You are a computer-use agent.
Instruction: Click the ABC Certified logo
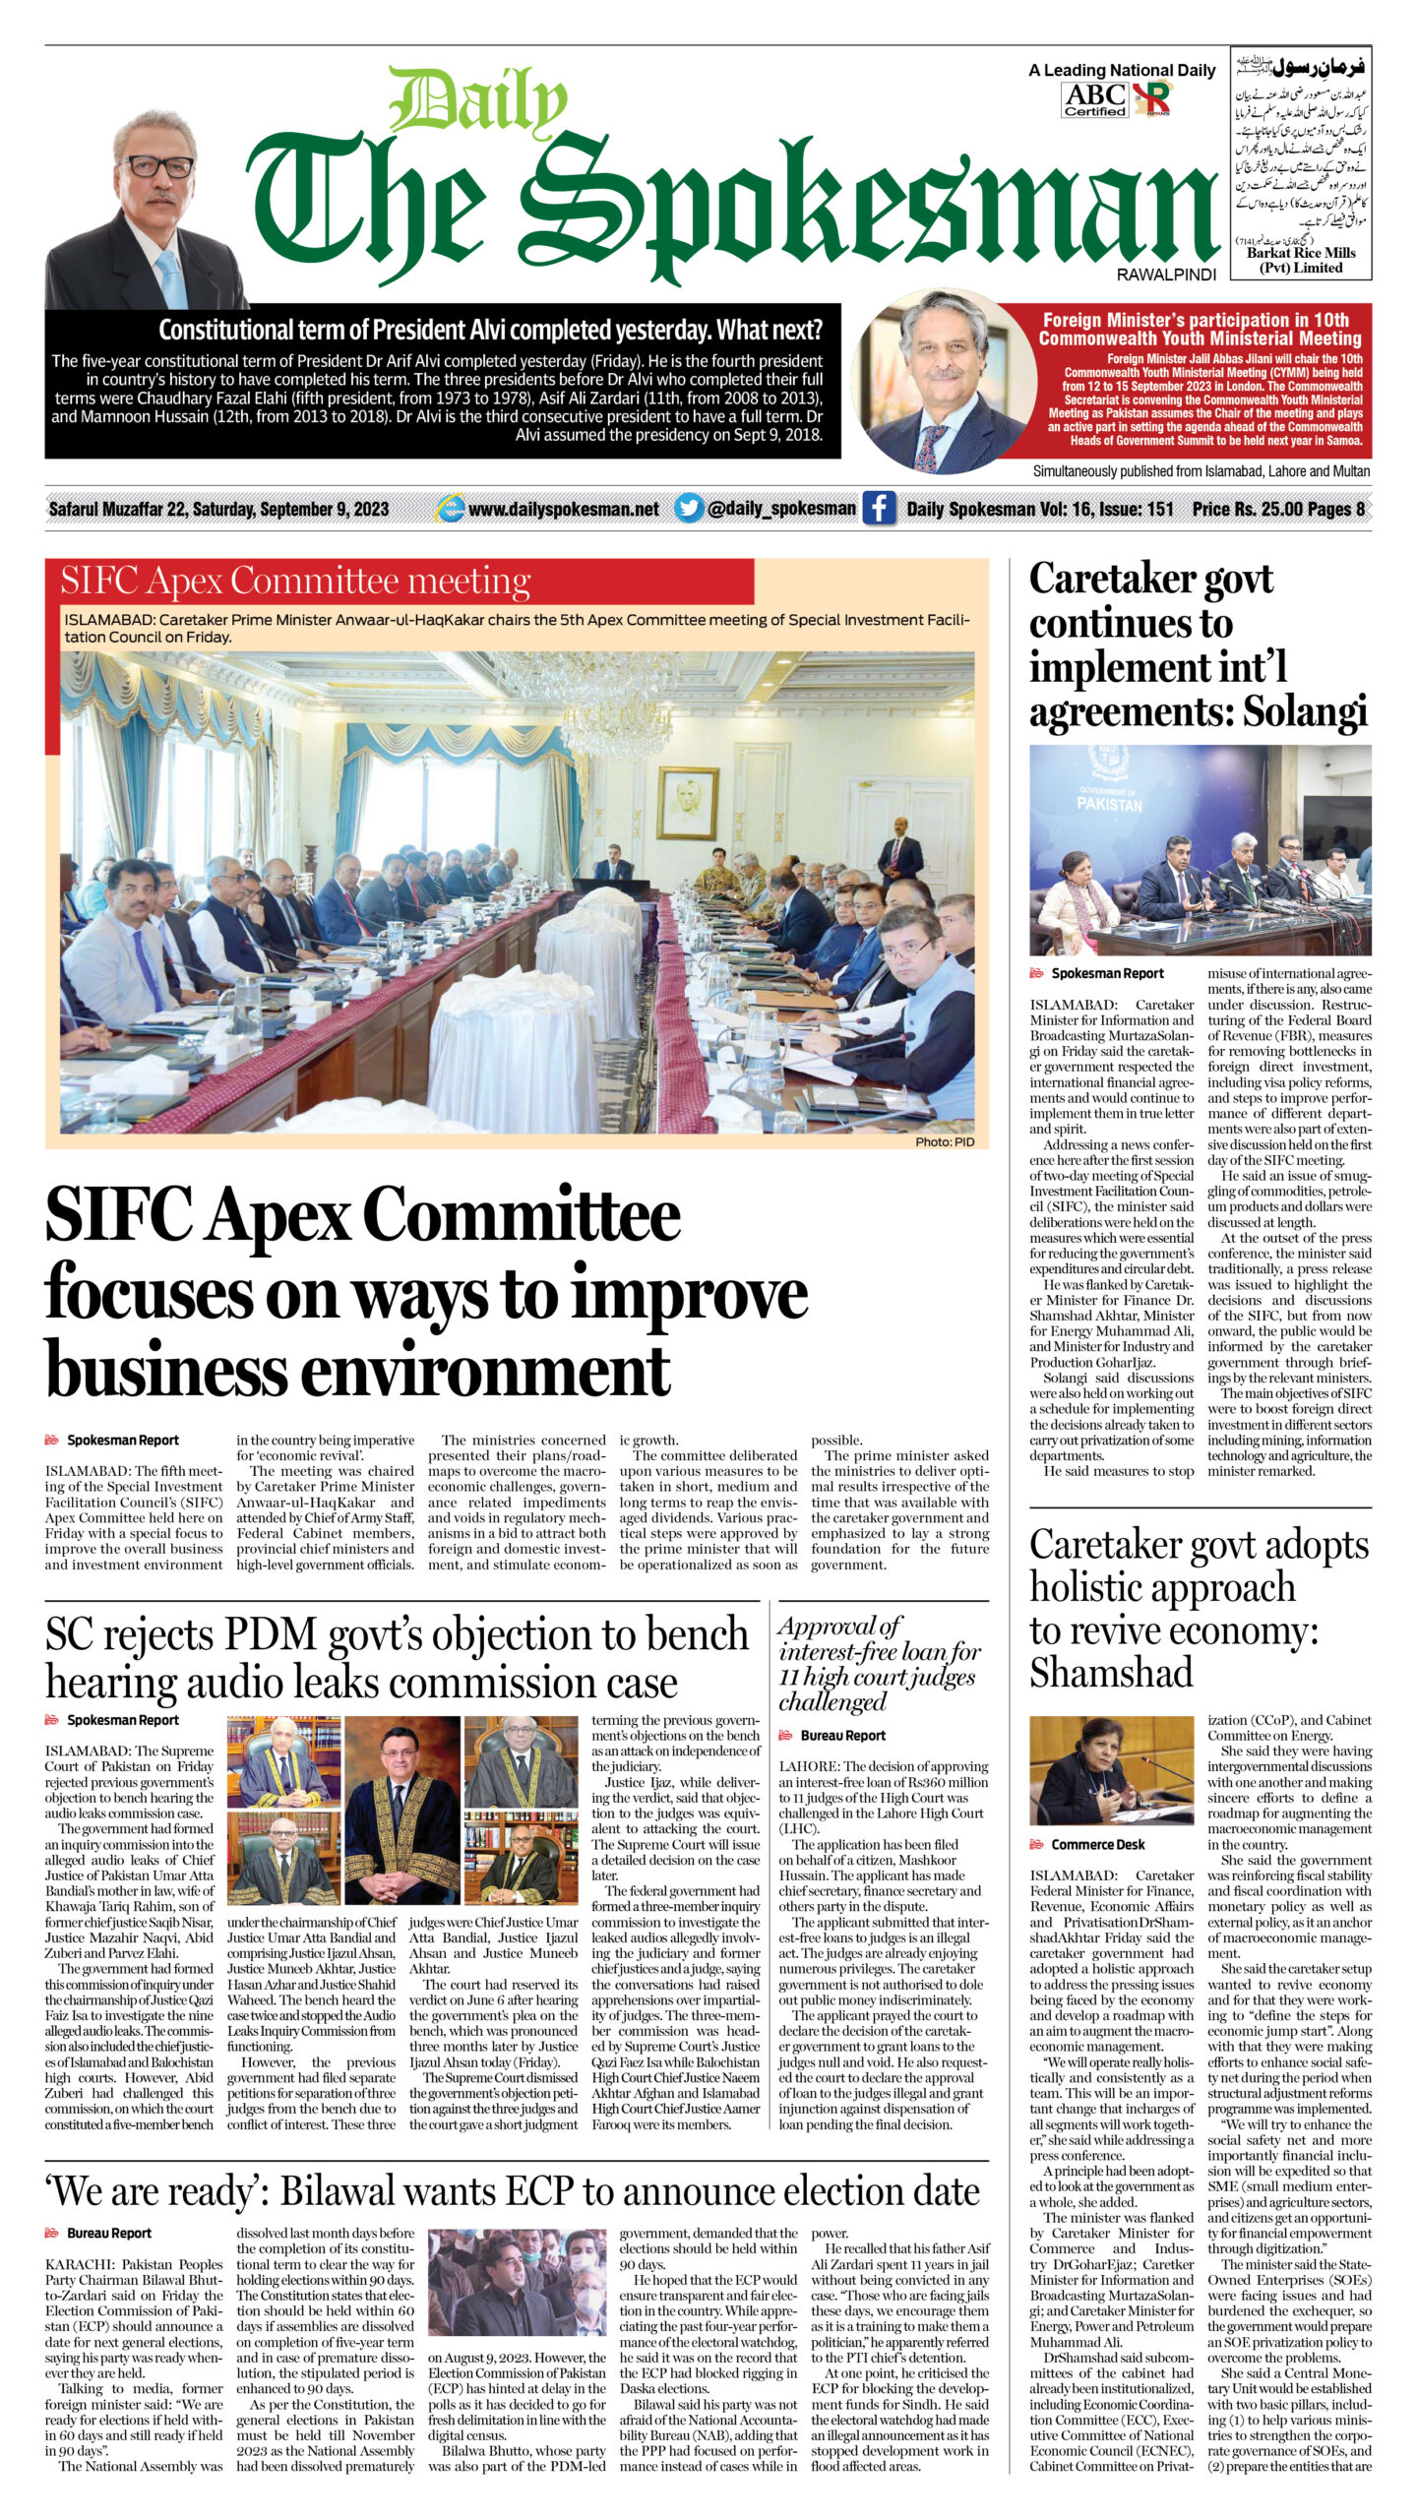click(x=1095, y=99)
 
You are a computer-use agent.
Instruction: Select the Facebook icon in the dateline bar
click(x=879, y=508)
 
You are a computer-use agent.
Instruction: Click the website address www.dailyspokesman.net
click(x=563, y=509)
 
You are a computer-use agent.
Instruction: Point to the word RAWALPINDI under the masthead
click(x=1166, y=276)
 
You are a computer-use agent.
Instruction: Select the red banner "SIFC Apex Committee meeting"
click(x=295, y=582)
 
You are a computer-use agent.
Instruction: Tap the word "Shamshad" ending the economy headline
click(x=1111, y=1672)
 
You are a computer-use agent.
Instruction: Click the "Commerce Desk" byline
click(x=1097, y=1844)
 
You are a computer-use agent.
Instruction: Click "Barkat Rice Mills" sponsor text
click(x=1301, y=253)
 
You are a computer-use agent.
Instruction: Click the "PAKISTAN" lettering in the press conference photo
click(x=1109, y=804)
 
